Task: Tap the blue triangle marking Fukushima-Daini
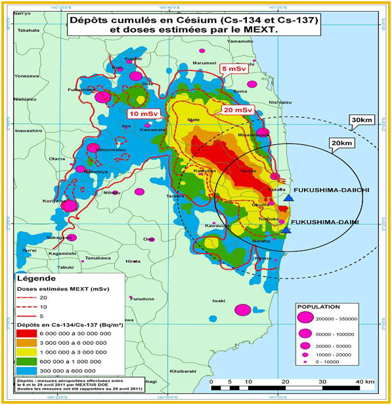click(286, 229)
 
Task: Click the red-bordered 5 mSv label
click(234, 68)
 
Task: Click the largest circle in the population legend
click(305, 318)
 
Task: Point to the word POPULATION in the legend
click(318, 306)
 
